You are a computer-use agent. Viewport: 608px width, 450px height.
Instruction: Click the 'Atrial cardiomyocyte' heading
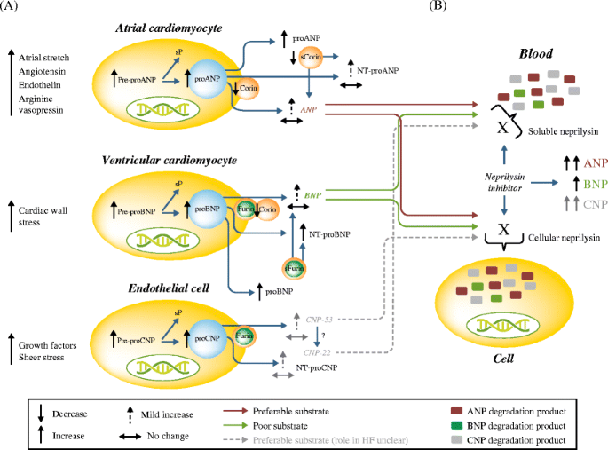[x=169, y=30]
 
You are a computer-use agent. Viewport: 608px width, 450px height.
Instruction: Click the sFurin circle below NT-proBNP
[x=293, y=267]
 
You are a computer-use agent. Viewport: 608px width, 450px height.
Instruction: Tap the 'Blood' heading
[x=508, y=51]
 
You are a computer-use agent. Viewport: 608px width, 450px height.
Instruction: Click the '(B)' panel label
[x=437, y=6]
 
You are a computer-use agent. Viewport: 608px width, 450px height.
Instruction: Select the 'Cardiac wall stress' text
[x=43, y=216]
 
